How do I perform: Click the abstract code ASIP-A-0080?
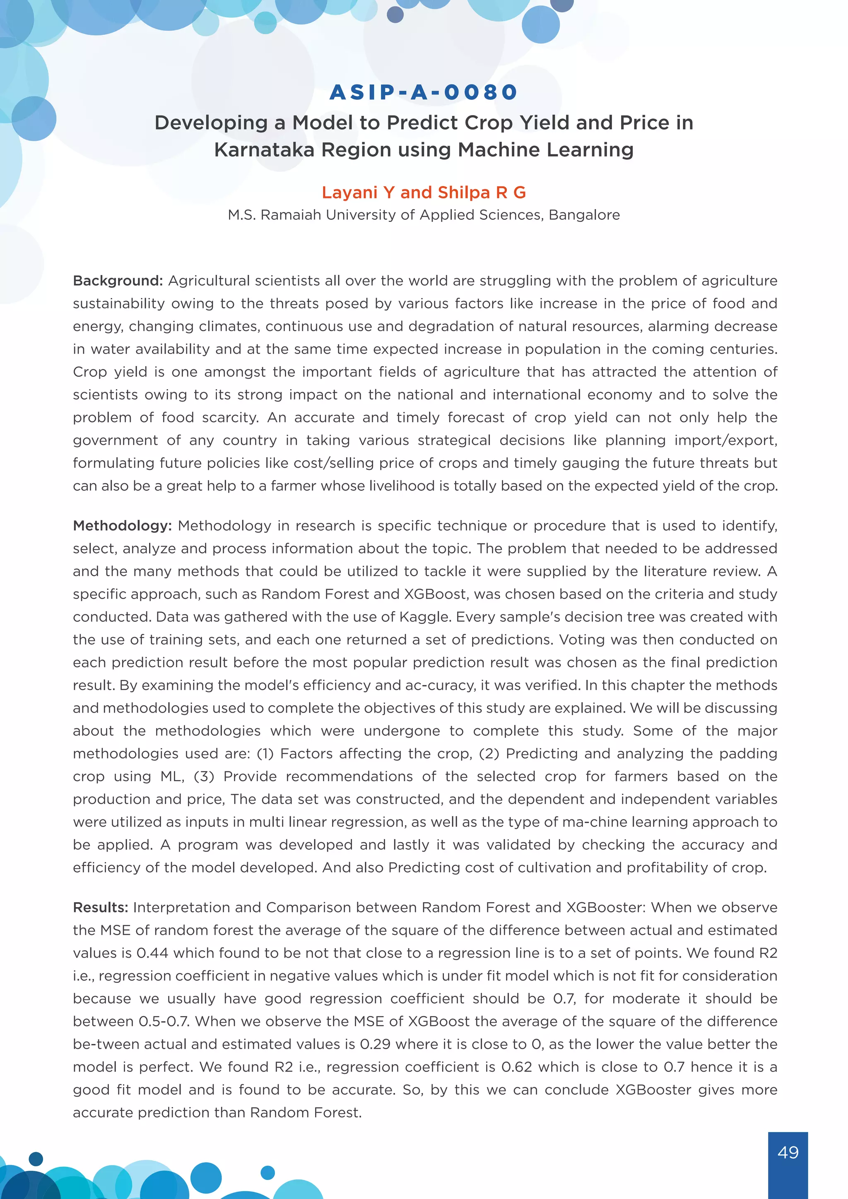pyautogui.click(x=424, y=92)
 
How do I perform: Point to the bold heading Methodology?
pyautogui.click(x=122, y=526)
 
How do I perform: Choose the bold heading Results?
pyautogui.click(x=100, y=908)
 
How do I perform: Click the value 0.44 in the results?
pyautogui.click(x=152, y=953)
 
